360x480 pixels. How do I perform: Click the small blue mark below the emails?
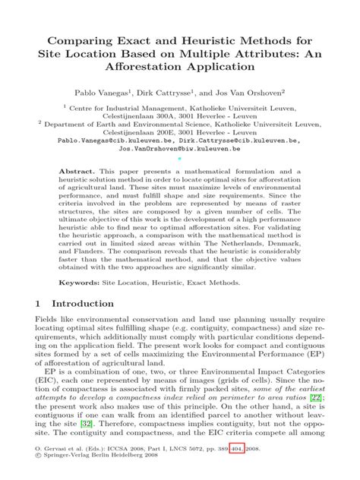180,161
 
